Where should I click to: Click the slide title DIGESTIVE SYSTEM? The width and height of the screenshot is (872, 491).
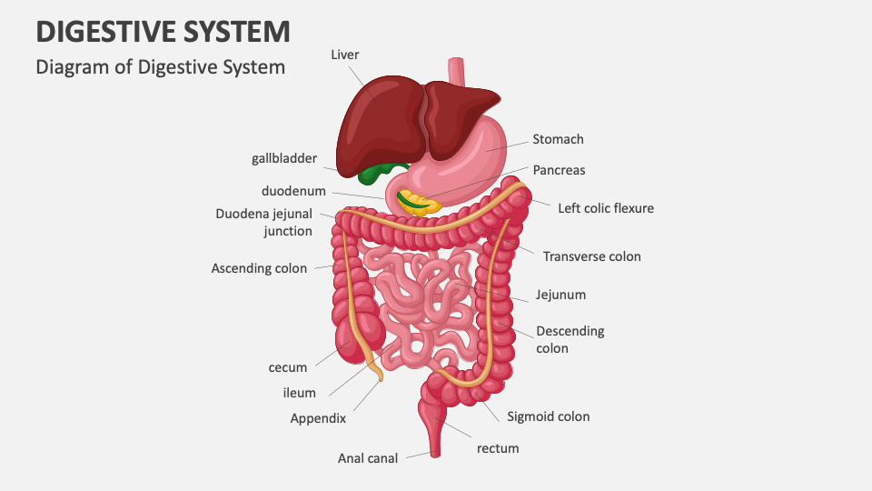(163, 31)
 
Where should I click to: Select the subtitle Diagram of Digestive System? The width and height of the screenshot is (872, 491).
(160, 67)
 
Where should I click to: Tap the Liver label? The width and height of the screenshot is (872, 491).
(344, 55)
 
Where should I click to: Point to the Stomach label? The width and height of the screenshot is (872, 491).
(558, 139)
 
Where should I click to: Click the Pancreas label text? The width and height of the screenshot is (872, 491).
(559, 170)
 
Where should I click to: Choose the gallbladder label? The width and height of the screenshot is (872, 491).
(284, 158)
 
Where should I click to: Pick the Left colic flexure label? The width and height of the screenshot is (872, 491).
(605, 208)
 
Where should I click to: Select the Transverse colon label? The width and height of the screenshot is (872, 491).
(591, 256)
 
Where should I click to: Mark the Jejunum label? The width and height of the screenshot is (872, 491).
(560, 295)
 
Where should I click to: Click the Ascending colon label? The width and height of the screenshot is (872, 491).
(259, 268)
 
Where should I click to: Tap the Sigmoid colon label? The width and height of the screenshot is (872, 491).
(548, 416)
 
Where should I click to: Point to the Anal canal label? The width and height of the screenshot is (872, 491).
(368, 458)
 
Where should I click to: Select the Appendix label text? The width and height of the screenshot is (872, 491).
(318, 419)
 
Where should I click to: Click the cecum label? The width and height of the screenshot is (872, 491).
(288, 367)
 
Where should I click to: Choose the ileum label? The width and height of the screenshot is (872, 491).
(299, 393)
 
